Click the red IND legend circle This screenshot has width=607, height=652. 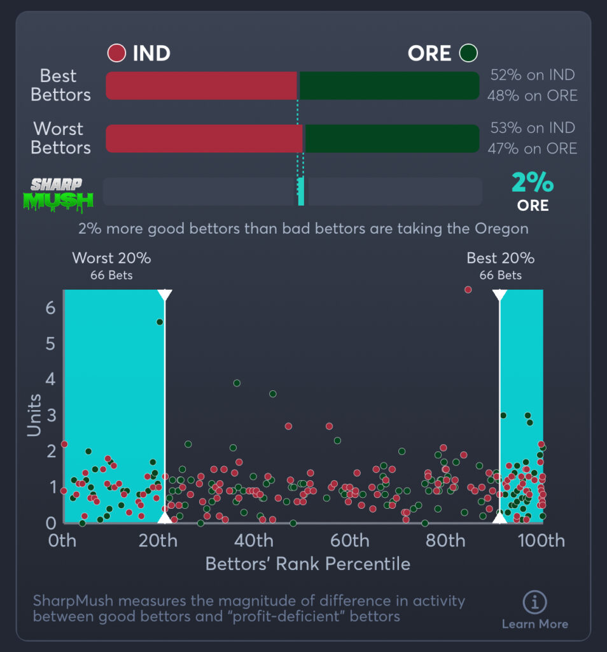[x=116, y=53]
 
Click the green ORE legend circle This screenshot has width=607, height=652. [x=470, y=53]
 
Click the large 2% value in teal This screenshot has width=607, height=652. [x=533, y=183]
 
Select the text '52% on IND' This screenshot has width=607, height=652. [x=533, y=75]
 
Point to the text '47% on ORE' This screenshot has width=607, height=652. [x=533, y=148]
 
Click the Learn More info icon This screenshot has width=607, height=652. [x=534, y=602]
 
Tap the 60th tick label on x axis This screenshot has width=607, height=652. [x=350, y=541]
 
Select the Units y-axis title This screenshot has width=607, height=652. [x=34, y=415]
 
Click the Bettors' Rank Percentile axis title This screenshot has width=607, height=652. [x=307, y=564]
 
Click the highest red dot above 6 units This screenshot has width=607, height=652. [x=468, y=290]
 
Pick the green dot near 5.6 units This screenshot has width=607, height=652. [x=160, y=322]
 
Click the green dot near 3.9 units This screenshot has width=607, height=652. [x=237, y=383]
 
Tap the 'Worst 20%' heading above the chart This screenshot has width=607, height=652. [x=111, y=259]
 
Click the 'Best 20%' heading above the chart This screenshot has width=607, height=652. [x=500, y=259]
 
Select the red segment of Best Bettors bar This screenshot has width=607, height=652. [x=201, y=86]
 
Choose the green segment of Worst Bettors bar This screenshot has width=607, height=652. [x=392, y=138]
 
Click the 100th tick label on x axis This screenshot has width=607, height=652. [x=541, y=541]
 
